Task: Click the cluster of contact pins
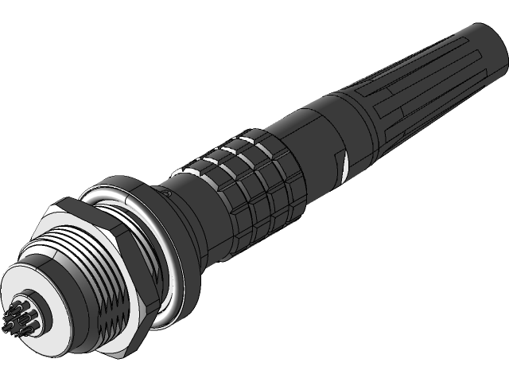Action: [18, 313]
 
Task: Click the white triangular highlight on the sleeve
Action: [346, 165]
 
